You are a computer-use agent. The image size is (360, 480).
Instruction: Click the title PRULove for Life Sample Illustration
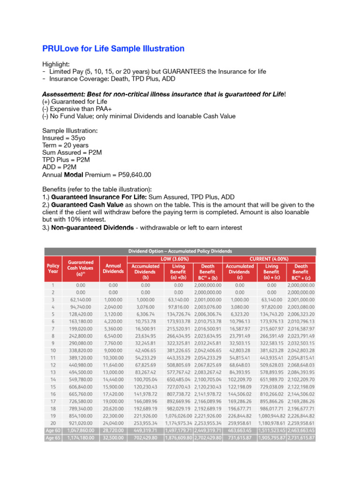point(113,49)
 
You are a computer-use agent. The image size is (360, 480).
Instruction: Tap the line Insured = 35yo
point(64,138)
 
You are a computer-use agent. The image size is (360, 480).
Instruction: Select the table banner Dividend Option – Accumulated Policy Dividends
point(180,251)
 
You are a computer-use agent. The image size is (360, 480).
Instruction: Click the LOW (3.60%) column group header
point(175,259)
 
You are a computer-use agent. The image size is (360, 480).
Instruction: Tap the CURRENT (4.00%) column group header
point(270,259)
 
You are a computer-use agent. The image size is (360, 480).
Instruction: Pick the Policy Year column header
point(53,269)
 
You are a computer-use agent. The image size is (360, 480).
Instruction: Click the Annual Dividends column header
point(113,269)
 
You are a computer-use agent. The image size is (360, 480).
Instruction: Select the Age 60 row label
point(53,430)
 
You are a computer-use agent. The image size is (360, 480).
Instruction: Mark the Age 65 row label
point(53,438)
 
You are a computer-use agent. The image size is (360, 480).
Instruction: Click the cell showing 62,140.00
point(81,300)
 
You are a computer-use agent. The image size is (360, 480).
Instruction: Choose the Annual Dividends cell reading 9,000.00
point(113,350)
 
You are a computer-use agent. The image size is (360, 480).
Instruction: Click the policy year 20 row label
point(53,422)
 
